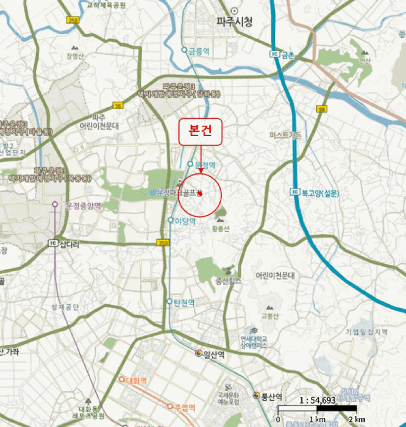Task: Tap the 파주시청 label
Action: pos(234,22)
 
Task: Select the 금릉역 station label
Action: pos(199,52)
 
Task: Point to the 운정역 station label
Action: pos(205,163)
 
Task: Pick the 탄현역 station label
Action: pos(183,302)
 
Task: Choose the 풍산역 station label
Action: pos(272,395)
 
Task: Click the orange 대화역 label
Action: pos(136,381)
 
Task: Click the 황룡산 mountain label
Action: pos(221,229)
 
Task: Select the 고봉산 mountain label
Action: pos(269,315)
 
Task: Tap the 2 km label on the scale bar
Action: pos(357,419)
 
